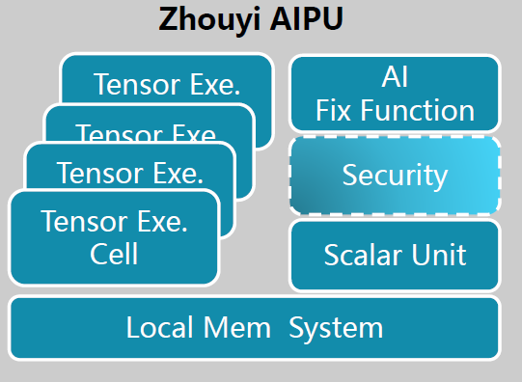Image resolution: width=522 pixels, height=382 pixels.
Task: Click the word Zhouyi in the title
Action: pyautogui.click(x=206, y=19)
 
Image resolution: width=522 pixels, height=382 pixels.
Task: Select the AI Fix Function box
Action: pyautogui.click(x=395, y=94)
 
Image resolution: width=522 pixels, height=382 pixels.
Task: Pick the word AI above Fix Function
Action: pyautogui.click(x=396, y=78)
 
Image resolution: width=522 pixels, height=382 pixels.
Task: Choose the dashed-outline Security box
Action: pyautogui.click(x=395, y=175)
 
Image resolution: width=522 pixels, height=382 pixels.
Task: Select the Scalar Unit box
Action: pyautogui.click(x=395, y=256)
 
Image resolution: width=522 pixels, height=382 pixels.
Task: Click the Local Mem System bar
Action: pyautogui.click(x=255, y=327)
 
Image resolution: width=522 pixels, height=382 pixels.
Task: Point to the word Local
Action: pyautogui.click(x=160, y=327)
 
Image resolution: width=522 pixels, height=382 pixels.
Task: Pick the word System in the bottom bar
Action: pyautogui.click(x=336, y=327)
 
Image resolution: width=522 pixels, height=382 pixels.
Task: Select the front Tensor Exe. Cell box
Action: pyautogui.click(x=114, y=238)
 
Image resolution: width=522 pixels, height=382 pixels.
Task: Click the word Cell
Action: pyautogui.click(x=115, y=255)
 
